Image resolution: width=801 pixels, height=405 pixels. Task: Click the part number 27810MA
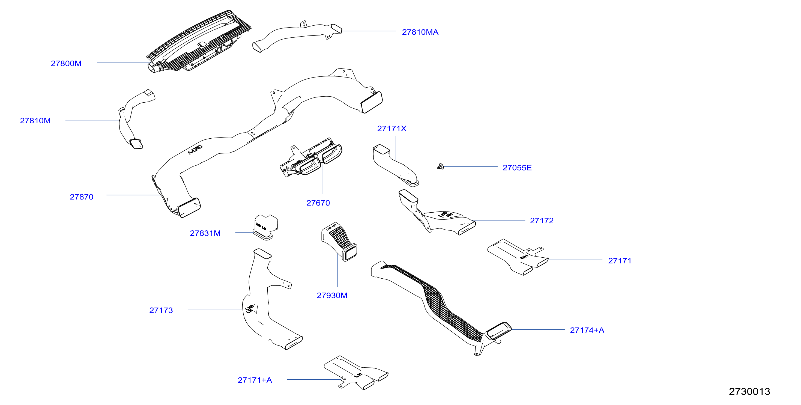tap(420, 32)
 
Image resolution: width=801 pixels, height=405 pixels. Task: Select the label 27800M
tap(66, 64)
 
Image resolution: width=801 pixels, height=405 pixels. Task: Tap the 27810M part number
tap(35, 121)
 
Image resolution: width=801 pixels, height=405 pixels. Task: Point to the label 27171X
tap(391, 129)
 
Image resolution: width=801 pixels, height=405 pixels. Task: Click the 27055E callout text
tap(517, 168)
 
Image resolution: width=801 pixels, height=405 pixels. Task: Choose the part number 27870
tap(82, 197)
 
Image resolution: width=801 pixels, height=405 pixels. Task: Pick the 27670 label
tap(318, 203)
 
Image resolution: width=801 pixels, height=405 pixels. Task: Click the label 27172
tap(541, 221)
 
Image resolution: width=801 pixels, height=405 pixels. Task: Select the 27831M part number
tap(205, 233)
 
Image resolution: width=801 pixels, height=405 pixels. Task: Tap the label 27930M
tap(332, 295)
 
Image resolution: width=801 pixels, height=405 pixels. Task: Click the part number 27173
tap(161, 310)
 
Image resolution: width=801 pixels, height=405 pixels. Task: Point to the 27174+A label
tap(587, 330)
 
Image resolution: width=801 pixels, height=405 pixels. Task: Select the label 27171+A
tap(255, 380)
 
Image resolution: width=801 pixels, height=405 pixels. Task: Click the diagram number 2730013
tap(749, 391)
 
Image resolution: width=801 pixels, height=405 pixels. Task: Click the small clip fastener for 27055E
tap(440, 167)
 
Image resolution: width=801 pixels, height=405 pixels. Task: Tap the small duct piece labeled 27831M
tap(265, 226)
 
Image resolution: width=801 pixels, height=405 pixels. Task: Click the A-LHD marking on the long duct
tap(195, 150)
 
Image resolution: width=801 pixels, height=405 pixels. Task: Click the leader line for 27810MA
tap(369, 31)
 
